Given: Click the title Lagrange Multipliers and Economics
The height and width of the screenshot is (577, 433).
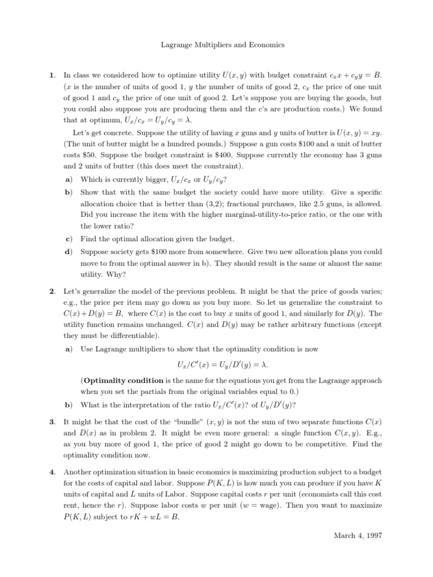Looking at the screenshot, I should coord(216,45).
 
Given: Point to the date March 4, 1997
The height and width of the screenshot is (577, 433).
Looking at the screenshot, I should coord(359,536).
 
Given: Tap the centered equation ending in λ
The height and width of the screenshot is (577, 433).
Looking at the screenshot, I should coord(216,364).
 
